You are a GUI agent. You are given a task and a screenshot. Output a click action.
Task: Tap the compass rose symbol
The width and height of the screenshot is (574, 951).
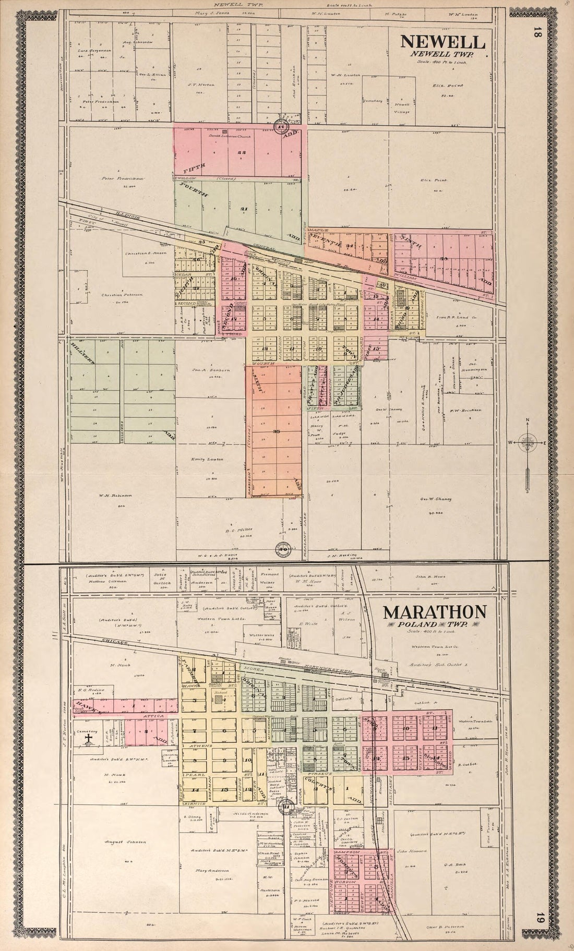coord(528,443)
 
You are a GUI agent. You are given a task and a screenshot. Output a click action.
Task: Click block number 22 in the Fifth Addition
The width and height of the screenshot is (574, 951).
coord(241,153)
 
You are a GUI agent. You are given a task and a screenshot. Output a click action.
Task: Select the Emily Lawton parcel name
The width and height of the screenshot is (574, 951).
coord(209,459)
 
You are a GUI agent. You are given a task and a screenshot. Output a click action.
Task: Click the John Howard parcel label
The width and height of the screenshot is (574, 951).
coord(415,851)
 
